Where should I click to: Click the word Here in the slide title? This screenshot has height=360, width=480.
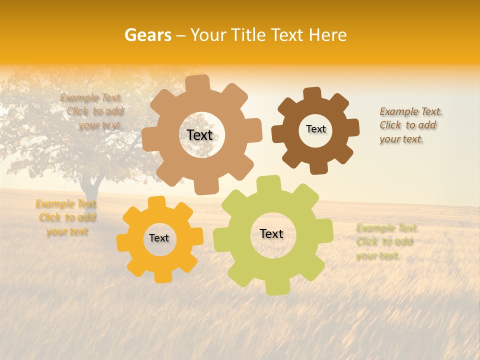(x=328, y=35)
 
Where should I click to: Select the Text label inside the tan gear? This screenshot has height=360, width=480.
(x=200, y=135)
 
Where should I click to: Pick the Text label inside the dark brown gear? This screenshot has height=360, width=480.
(x=315, y=129)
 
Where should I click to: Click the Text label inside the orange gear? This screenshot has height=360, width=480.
(x=159, y=238)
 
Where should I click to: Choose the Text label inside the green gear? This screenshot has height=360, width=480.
(x=271, y=233)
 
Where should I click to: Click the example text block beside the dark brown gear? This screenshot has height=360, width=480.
(x=410, y=125)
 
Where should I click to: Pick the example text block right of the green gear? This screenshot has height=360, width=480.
(x=386, y=242)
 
